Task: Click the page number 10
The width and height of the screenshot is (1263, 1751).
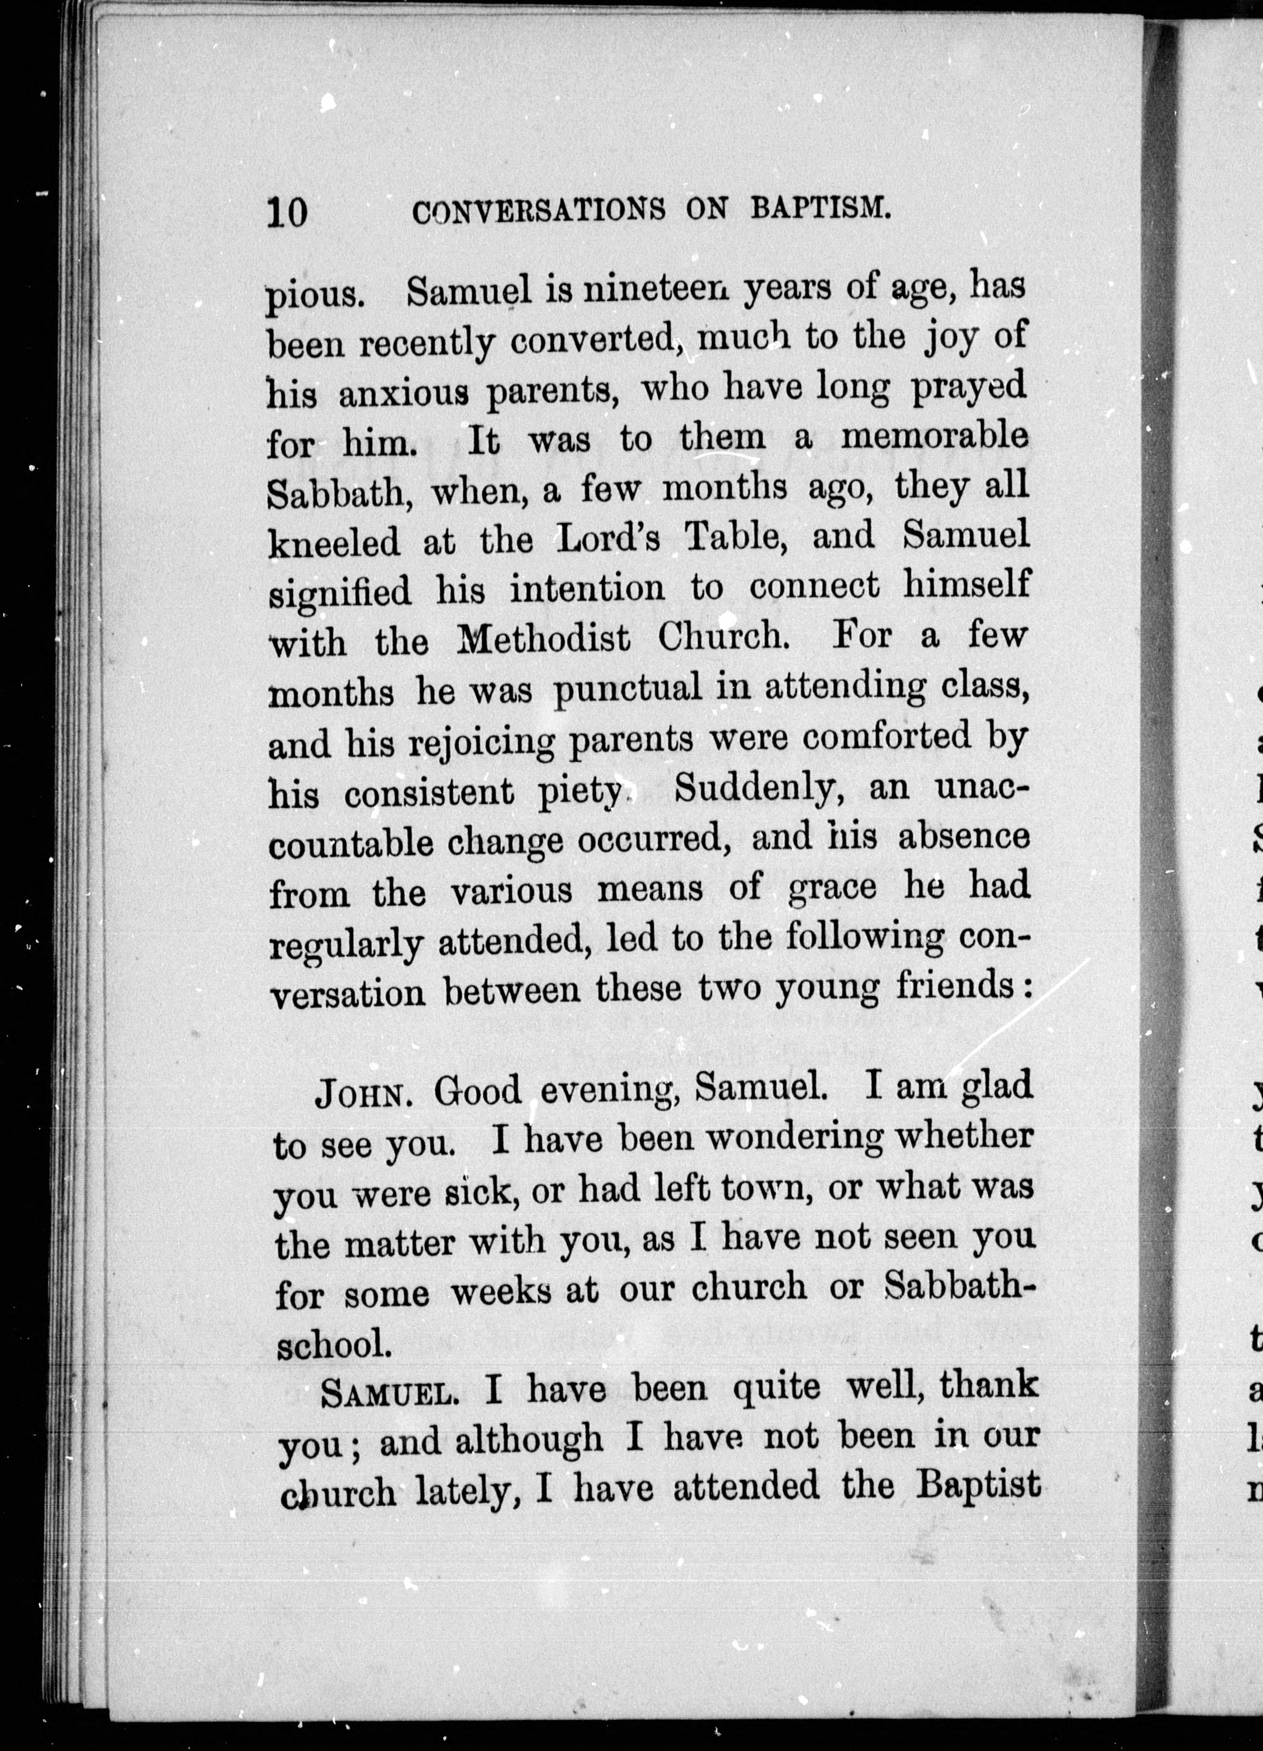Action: (287, 211)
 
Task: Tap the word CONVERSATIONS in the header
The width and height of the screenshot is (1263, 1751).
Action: (539, 211)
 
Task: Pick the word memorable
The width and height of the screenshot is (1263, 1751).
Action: (935, 438)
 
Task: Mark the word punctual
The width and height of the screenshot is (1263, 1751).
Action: (627, 689)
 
